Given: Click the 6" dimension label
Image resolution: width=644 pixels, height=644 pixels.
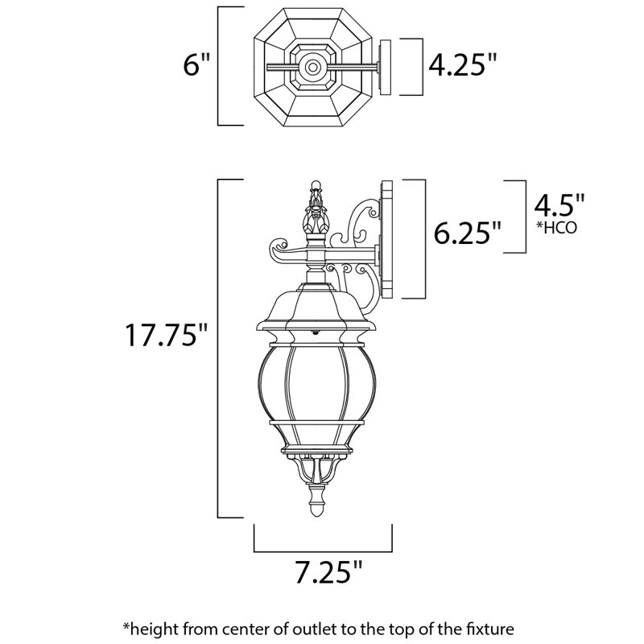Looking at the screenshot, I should pyautogui.click(x=196, y=65).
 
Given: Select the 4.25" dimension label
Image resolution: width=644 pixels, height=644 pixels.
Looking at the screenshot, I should pyautogui.click(x=461, y=65).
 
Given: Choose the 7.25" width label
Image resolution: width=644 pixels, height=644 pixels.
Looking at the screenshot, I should pyautogui.click(x=322, y=573).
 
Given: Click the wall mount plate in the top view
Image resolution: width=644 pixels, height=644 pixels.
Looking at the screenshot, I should pyautogui.click(x=386, y=66).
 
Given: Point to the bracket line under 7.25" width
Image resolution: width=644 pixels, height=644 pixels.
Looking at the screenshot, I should pyautogui.click(x=322, y=551).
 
